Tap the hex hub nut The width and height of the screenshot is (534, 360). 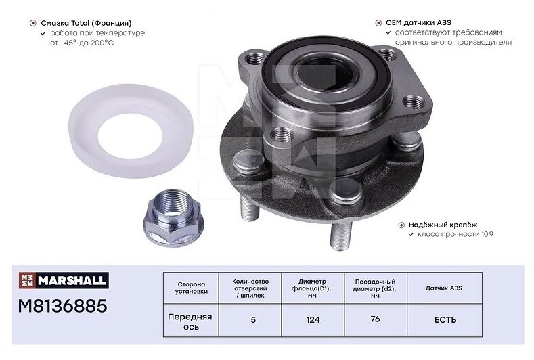[173, 218]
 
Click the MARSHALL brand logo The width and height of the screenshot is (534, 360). [64, 280]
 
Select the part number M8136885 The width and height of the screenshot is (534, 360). [63, 305]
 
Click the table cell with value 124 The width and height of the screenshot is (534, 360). [313, 320]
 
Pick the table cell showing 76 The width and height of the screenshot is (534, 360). [376, 319]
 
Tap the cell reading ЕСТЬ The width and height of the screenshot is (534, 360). [445, 320]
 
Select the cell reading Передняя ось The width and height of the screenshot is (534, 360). [191, 321]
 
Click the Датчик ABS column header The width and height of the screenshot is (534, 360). [444, 288]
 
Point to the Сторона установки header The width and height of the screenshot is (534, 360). [192, 288]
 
